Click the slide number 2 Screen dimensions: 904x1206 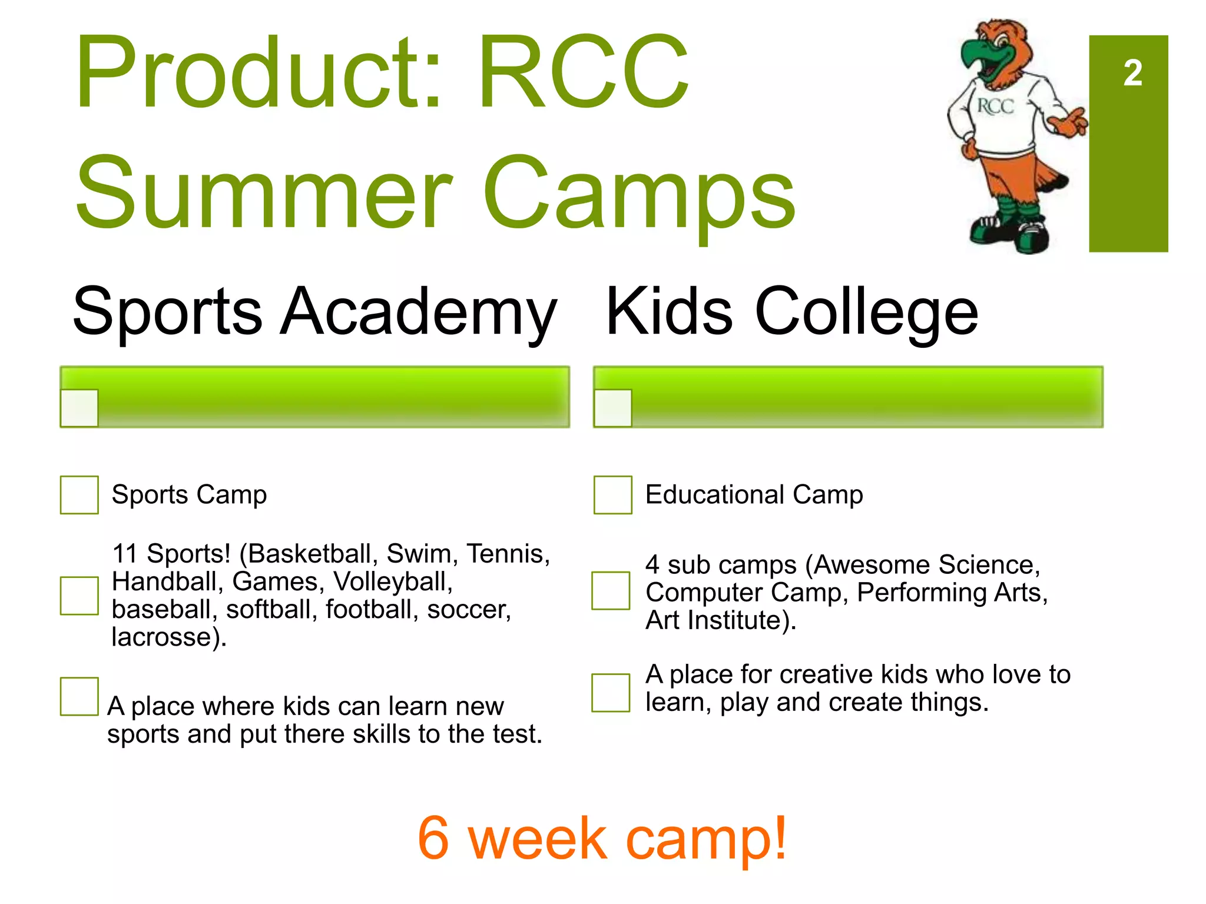click(1132, 74)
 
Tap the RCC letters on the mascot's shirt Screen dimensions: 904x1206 click(996, 107)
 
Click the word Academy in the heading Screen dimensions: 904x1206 click(418, 311)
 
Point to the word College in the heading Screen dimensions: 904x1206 click(866, 313)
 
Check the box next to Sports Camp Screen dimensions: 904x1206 click(79, 495)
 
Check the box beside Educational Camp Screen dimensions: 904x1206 click(612, 495)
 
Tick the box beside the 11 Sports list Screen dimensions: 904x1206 click(79, 596)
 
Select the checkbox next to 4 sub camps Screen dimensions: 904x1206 click(611, 590)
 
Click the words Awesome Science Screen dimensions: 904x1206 click(922, 565)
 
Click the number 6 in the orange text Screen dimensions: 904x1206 click(433, 838)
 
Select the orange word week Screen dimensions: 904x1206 click(537, 838)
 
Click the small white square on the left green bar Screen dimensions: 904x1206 click(79, 407)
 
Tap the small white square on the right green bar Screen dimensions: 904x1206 click(612, 407)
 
